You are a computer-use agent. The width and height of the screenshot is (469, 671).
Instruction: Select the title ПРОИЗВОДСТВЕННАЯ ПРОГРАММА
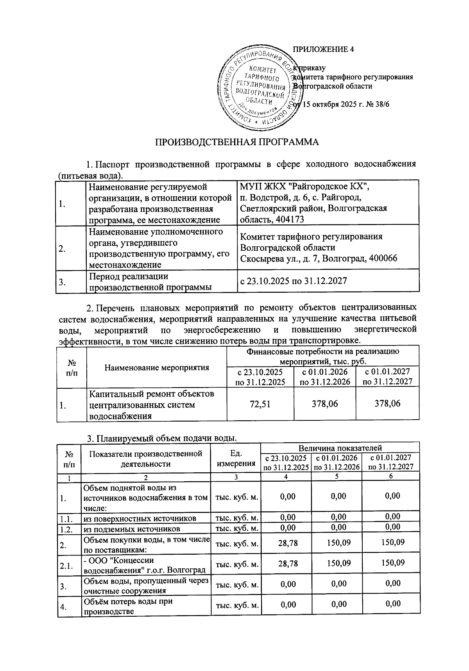238,142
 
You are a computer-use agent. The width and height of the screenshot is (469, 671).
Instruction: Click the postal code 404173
290,219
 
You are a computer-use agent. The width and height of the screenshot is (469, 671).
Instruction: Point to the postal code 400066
379,258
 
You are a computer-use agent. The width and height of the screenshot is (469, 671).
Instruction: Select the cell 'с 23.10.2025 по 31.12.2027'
293,281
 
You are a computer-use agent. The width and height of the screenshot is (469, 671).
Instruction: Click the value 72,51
260,404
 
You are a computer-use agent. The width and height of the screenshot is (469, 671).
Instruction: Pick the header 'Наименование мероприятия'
156,367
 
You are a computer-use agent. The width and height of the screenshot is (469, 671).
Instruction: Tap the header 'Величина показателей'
340,448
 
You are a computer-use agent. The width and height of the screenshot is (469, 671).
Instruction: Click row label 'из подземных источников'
132,529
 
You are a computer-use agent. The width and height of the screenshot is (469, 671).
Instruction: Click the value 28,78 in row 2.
288,543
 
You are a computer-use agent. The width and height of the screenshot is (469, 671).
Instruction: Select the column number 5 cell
337,476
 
